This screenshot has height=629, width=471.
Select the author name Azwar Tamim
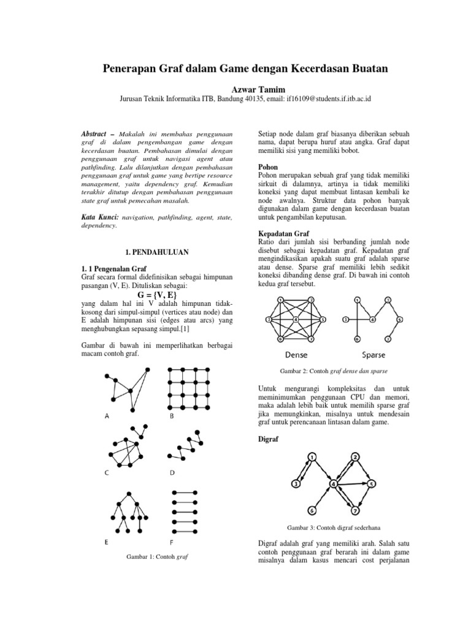click(x=235, y=90)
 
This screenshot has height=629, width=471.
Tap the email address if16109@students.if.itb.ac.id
click(x=327, y=99)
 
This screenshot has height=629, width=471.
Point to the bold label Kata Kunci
click(x=101, y=217)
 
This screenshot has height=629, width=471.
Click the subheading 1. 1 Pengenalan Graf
click(x=113, y=268)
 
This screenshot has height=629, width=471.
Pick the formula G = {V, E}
click(x=153, y=294)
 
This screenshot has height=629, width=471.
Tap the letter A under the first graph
click(x=107, y=416)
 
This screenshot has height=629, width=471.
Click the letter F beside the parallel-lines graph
click(x=171, y=542)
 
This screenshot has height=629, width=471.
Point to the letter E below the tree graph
click(x=107, y=542)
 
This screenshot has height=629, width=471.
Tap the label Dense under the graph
click(x=296, y=354)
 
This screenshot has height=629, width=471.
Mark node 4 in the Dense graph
click(x=296, y=320)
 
